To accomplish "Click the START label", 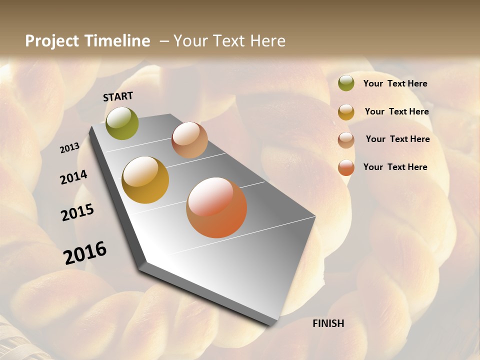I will click(x=118, y=96).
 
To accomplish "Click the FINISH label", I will click(x=328, y=323).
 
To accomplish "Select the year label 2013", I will click(x=70, y=147).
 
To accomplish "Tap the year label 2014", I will click(x=73, y=177).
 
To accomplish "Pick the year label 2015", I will click(x=77, y=212).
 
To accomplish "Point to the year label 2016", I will click(x=85, y=253).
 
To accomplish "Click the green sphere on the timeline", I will click(x=122, y=123).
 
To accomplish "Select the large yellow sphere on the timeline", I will click(x=145, y=180).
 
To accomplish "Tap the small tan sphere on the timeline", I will click(x=189, y=140).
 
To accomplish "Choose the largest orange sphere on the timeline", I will click(x=216, y=207).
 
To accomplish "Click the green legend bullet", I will click(x=346, y=83).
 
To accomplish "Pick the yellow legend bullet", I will click(x=346, y=112).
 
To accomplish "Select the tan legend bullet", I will click(x=346, y=140).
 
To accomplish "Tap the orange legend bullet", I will click(x=346, y=167).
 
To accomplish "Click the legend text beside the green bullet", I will click(x=395, y=83).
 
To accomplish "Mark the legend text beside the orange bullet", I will click(x=395, y=167).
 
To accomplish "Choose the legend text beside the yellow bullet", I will click(x=396, y=111).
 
